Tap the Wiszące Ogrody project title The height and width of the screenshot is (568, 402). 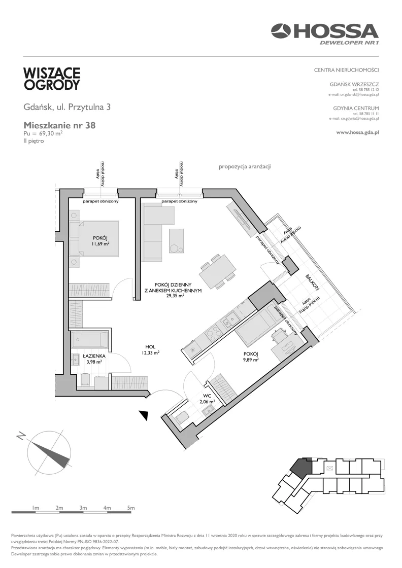(52, 79)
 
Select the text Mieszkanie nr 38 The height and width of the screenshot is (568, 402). (59, 125)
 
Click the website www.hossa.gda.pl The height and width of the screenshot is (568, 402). (357, 132)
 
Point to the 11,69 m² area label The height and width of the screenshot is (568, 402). (101, 244)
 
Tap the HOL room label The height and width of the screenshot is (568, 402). (150, 347)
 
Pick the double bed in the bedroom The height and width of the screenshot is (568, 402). (94, 238)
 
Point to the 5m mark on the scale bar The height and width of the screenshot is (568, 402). (131, 508)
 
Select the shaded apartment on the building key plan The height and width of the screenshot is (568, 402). (301, 467)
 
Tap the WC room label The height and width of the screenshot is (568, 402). (207, 396)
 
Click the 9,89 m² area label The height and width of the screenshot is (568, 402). (250, 360)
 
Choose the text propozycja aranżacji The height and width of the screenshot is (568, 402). (245, 167)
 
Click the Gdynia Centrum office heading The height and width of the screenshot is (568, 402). (356, 108)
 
